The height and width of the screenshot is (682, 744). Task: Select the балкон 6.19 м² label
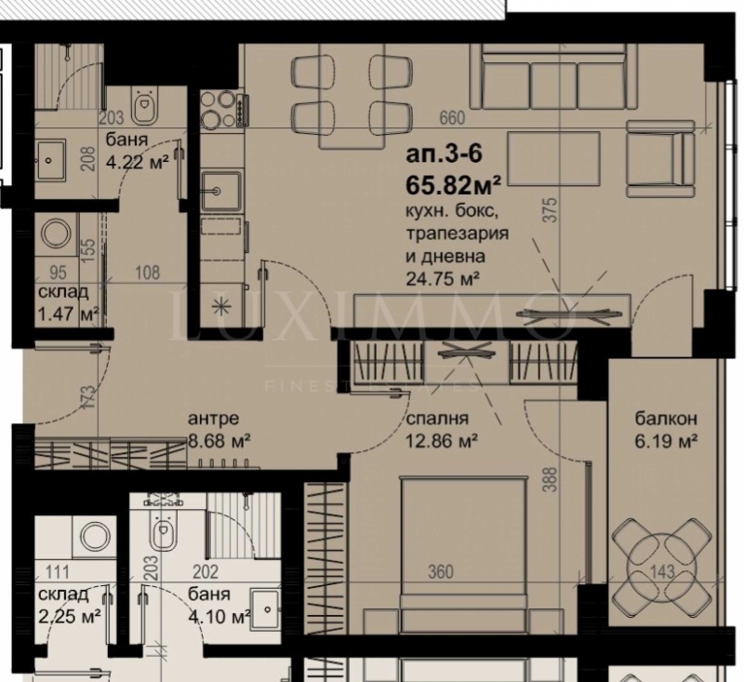pos(661,429)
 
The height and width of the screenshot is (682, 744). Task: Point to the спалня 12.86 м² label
pos(442,429)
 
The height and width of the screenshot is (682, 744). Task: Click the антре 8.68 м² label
pos(219,429)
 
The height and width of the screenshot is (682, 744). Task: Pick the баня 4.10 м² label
pos(218,607)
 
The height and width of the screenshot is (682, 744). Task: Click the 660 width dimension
pos(450,118)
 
